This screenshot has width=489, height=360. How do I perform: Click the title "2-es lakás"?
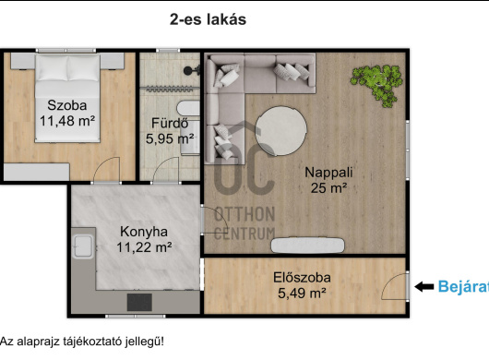208,19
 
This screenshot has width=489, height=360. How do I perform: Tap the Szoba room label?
67,105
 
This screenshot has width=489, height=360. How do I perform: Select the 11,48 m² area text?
67,121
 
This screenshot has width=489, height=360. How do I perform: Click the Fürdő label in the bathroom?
170,123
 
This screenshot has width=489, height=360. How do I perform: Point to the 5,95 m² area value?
170,138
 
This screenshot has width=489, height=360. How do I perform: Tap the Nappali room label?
328,173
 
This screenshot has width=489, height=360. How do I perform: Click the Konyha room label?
144,232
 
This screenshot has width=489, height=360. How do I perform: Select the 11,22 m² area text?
144,247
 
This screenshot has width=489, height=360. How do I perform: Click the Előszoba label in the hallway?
302,278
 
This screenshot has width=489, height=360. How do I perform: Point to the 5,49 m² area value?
302,294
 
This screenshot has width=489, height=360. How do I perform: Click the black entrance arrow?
424,286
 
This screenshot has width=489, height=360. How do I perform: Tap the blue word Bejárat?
463,286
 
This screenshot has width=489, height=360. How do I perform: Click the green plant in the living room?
376,85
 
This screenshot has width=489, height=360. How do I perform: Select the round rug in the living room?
281,131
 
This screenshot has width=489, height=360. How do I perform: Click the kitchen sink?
83,246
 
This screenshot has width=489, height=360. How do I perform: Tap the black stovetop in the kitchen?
139,302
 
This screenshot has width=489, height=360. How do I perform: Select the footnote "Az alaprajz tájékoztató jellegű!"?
82,342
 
